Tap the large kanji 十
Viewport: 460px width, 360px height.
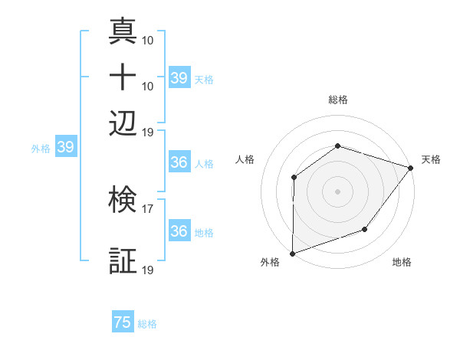124,79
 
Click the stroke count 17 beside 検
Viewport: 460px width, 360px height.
148,208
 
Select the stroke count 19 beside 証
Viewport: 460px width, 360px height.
148,270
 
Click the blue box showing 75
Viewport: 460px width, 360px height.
123,322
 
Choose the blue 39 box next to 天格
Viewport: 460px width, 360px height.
179,78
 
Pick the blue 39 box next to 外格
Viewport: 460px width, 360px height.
65,148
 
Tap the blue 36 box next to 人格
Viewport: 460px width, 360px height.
179,163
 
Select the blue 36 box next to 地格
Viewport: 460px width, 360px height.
179,231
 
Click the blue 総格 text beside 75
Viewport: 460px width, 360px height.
147,324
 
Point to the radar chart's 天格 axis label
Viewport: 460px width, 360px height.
431,159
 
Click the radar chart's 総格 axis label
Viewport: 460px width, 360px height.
337,100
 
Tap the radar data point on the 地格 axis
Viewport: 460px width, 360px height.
365,229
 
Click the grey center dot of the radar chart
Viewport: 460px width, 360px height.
337,191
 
